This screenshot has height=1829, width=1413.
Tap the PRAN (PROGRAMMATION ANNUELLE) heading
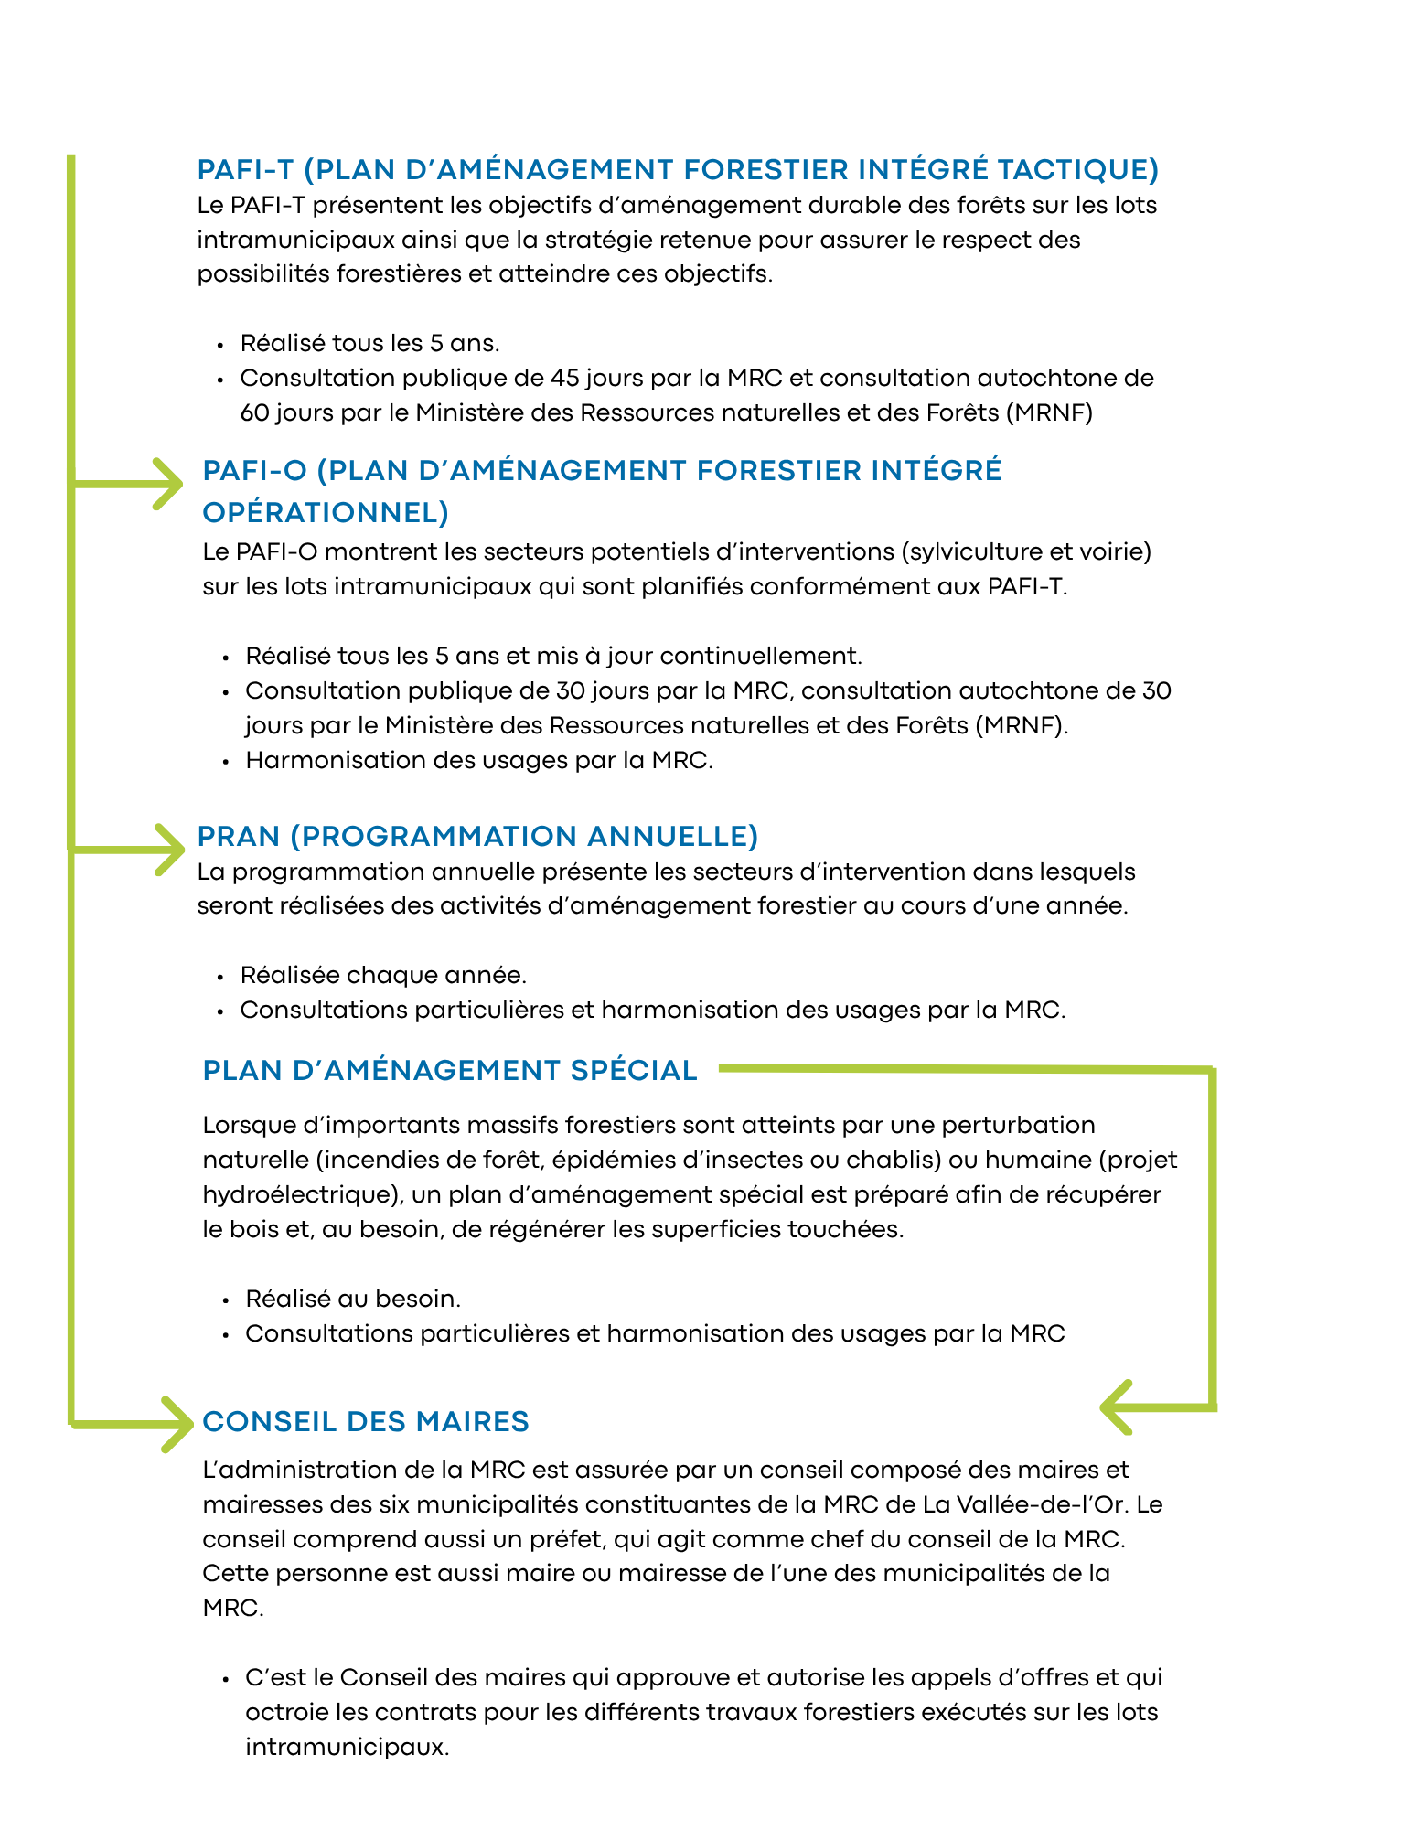(477, 836)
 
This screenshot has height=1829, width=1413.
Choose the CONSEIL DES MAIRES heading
(366, 1421)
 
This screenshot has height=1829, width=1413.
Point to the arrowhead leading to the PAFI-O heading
(170, 483)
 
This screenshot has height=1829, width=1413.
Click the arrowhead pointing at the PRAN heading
(170, 850)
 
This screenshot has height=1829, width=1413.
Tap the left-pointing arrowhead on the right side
(1116, 1407)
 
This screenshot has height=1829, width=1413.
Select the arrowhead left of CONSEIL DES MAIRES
(176, 1424)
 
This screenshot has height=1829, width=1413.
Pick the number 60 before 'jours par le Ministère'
(254, 412)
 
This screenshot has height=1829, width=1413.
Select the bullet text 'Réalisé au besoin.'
(353, 1299)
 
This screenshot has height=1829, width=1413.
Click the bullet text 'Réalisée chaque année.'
(383, 975)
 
